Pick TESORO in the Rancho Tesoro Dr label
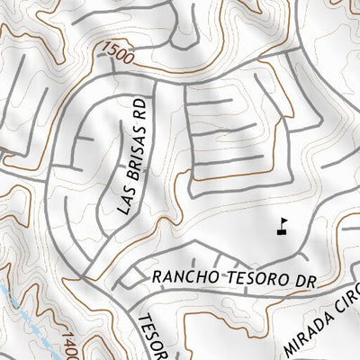[256, 279]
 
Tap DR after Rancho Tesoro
[308, 280]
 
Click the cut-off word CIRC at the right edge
[347, 310]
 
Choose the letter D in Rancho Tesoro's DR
[301, 280]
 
